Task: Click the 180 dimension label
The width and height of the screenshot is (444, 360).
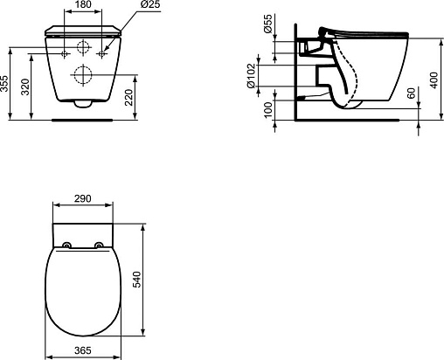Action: (x=83, y=4)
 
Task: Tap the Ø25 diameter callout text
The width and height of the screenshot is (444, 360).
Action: (x=150, y=4)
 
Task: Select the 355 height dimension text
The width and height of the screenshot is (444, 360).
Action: (x=4, y=84)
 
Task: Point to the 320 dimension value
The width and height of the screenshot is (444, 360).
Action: (x=25, y=87)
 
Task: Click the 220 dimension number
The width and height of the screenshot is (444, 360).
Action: (x=128, y=97)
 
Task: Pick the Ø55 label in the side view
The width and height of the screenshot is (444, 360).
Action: (x=267, y=23)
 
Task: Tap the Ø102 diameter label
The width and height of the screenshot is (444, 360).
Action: (x=251, y=76)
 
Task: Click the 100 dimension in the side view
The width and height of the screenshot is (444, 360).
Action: (x=267, y=109)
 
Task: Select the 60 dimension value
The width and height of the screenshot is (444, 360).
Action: (x=412, y=93)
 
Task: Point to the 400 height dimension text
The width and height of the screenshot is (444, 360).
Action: (x=434, y=80)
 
